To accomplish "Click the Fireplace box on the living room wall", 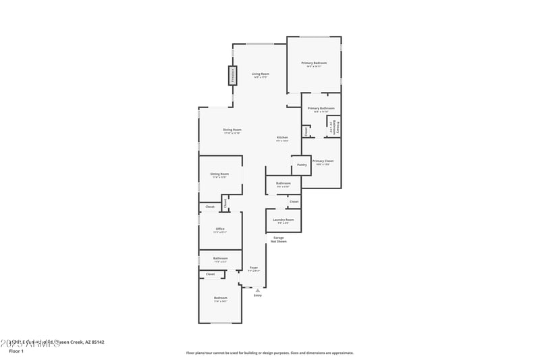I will tap(232, 76).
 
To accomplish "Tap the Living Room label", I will tap(261, 74).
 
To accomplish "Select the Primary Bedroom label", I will tap(314, 63).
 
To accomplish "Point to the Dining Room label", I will tap(232, 130).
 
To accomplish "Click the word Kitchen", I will tap(282, 138).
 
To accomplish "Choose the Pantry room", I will tap(302, 164).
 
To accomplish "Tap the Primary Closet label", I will tap(323, 161).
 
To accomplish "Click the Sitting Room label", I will tap(220, 174).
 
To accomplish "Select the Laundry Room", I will tap(283, 220).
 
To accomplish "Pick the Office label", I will tap(220, 229).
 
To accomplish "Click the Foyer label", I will tap(254, 268).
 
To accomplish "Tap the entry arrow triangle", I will tap(257, 290).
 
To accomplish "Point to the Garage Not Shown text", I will tap(279, 239).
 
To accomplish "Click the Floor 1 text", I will tap(16, 351).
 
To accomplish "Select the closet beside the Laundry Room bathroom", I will tap(294, 201).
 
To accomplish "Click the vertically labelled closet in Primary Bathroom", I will tap(306, 132).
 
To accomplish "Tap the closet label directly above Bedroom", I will tap(210, 274).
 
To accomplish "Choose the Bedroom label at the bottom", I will tap(220, 299).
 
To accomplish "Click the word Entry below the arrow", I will tap(257, 296).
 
